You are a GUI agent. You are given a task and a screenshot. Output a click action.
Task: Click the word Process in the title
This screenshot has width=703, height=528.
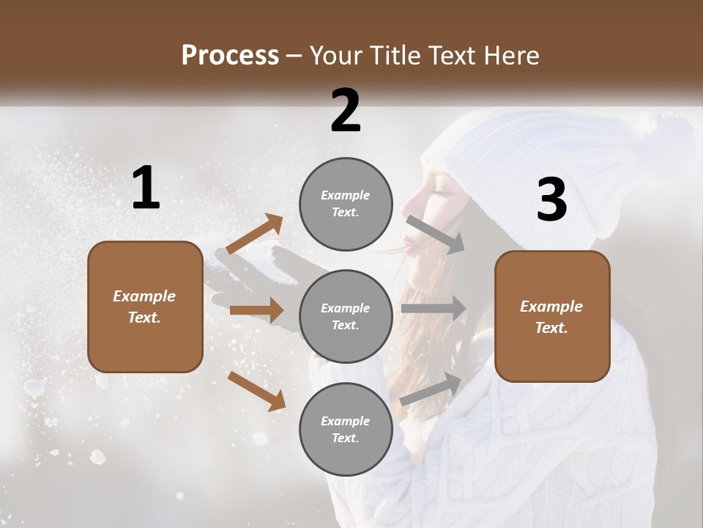230,55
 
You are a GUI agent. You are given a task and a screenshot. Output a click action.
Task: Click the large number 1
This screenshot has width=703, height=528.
146,188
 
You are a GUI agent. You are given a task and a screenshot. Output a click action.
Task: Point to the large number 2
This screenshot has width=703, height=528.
346,111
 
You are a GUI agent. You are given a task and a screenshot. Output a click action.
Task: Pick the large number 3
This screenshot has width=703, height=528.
551,200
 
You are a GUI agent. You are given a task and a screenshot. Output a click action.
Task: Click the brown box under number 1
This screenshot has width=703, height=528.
145,307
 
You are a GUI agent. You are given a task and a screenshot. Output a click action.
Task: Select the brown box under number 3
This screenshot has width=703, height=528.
552,316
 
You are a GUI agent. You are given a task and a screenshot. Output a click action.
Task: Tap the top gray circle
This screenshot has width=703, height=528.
346,203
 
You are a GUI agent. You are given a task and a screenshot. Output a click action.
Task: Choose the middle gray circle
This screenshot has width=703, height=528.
346,316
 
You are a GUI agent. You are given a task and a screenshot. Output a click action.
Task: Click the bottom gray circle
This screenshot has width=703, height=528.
346,429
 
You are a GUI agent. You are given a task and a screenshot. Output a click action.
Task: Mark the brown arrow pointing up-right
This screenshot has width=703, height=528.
255,233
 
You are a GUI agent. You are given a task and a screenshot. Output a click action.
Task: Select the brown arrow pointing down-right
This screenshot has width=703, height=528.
256,391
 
